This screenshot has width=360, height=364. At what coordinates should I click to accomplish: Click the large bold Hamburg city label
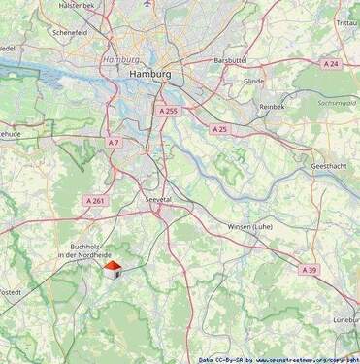150,74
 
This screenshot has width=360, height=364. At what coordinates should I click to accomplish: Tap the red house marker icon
113,268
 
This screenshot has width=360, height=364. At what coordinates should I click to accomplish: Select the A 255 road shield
170,112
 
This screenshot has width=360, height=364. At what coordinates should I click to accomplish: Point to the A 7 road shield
114,143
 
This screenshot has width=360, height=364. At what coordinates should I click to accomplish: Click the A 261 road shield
94,200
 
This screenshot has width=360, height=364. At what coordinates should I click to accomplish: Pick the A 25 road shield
220,128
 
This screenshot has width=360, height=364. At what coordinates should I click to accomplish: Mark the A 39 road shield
309,269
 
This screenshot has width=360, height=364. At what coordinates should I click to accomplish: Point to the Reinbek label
273,107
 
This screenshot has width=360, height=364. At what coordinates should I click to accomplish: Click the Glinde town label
254,82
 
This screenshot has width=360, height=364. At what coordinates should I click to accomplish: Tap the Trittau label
345,21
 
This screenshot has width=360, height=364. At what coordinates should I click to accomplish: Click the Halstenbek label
77,5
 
